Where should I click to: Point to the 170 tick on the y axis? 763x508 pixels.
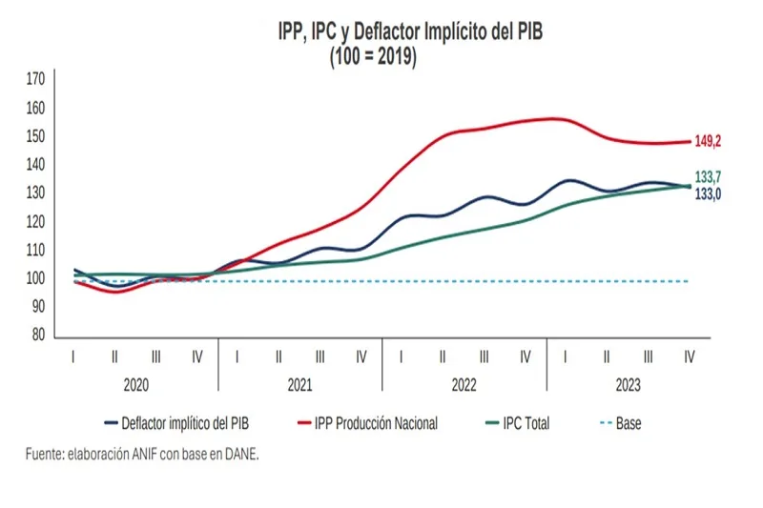(35, 79)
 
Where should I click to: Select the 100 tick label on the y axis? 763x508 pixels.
(35, 279)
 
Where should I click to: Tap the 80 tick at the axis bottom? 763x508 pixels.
(37, 335)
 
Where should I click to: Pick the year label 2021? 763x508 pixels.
(300, 385)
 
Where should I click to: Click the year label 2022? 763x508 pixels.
(464, 385)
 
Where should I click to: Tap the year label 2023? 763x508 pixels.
(629, 385)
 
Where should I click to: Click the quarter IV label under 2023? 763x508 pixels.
(690, 356)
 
